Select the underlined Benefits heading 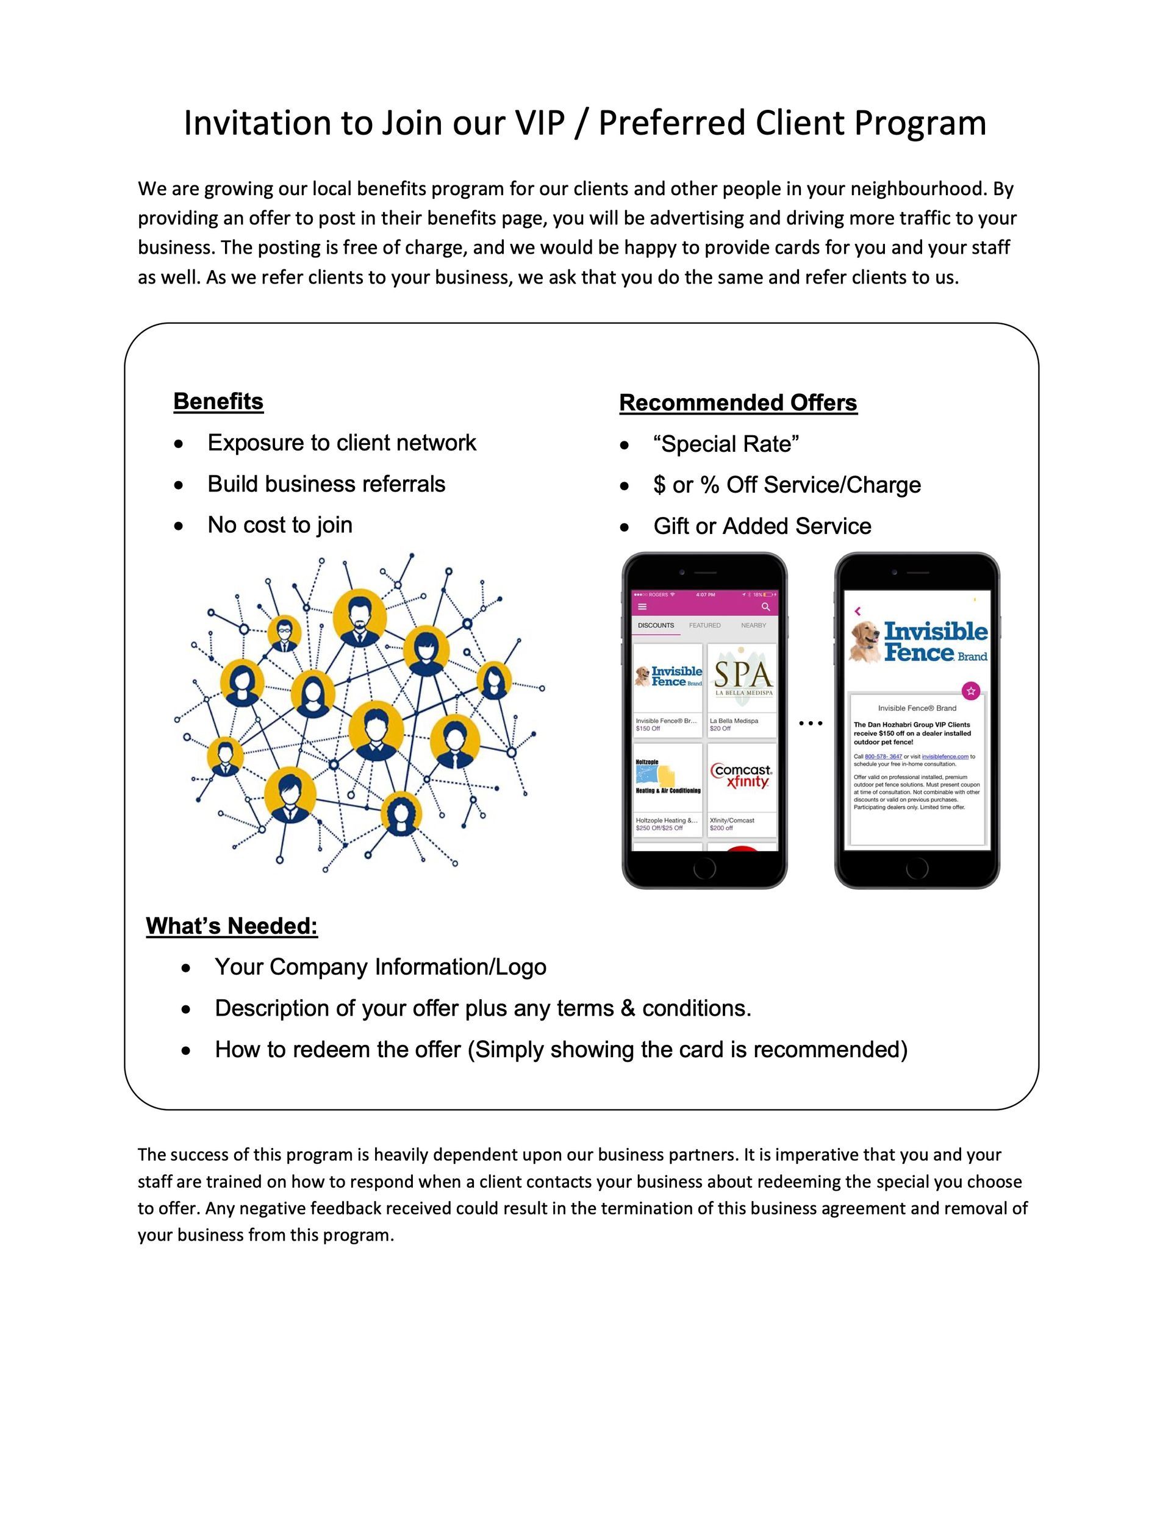coord(218,402)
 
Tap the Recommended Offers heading coord(738,403)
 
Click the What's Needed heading coord(232,926)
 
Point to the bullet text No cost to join coord(280,525)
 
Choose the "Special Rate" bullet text coord(726,444)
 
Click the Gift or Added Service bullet coord(762,527)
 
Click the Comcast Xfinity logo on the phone coord(742,776)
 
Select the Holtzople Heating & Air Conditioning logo coord(668,777)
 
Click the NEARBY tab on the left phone coord(753,626)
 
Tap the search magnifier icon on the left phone coord(765,607)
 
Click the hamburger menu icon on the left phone coord(642,607)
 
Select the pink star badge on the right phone coord(971,691)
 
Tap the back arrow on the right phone coord(858,611)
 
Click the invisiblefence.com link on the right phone coord(945,757)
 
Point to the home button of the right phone coord(917,868)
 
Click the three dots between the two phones coord(810,724)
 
